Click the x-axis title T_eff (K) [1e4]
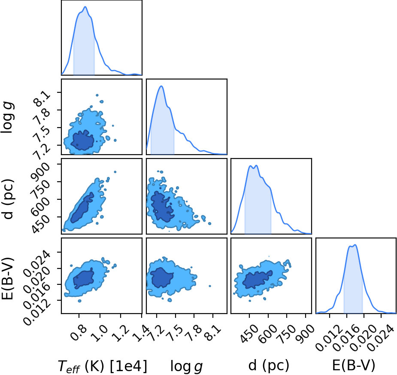point(103,366)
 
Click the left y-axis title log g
point(8,117)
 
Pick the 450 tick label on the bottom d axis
point(249,334)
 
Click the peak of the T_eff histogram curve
point(85,7)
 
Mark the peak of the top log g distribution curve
point(161,86)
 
